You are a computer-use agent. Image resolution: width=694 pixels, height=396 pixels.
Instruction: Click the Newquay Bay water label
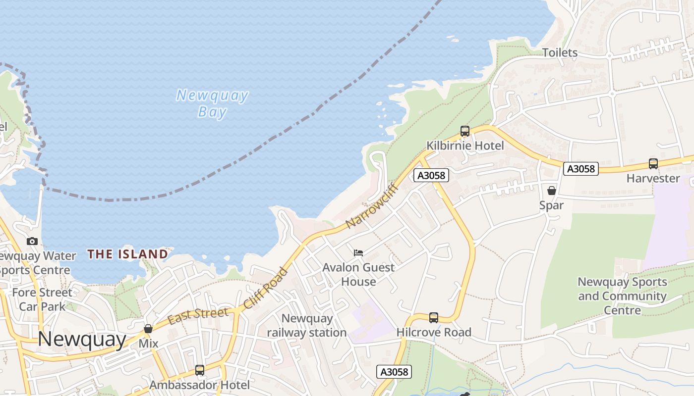tap(212, 103)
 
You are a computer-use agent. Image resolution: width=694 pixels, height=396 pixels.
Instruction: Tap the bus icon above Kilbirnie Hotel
tap(464, 131)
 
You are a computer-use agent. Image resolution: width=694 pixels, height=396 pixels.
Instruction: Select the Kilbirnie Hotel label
tap(465, 146)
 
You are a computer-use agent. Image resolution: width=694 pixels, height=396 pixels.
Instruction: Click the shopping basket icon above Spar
tap(551, 191)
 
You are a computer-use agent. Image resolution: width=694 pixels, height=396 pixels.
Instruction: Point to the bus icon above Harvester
tap(653, 164)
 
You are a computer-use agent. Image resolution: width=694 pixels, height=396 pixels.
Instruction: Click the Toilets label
tap(560, 52)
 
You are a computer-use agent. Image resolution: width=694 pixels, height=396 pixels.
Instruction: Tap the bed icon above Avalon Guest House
tap(358, 253)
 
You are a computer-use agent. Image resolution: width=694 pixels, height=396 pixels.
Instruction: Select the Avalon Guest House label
tap(358, 274)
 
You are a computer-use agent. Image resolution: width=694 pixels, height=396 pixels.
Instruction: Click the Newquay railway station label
tap(307, 325)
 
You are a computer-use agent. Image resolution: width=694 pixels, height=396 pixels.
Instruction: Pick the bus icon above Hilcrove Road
tap(433, 318)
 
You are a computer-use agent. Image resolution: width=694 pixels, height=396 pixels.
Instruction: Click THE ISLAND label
tap(128, 254)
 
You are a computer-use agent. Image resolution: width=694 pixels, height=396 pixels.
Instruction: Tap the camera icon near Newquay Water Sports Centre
tap(32, 242)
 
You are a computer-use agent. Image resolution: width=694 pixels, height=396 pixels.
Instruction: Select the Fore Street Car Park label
tap(42, 299)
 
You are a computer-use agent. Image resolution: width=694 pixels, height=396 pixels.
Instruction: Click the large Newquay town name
tap(82, 339)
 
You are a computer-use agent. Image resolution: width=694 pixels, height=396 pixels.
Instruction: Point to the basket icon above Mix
tap(148, 329)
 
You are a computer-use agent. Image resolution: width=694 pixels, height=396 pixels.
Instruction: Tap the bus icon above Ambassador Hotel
tap(199, 370)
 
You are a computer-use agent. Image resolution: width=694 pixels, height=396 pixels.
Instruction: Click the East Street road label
tap(198, 315)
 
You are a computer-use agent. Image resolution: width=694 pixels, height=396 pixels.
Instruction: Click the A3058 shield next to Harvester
tap(580, 169)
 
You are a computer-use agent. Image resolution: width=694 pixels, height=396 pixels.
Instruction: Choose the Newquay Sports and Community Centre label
tap(622, 296)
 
